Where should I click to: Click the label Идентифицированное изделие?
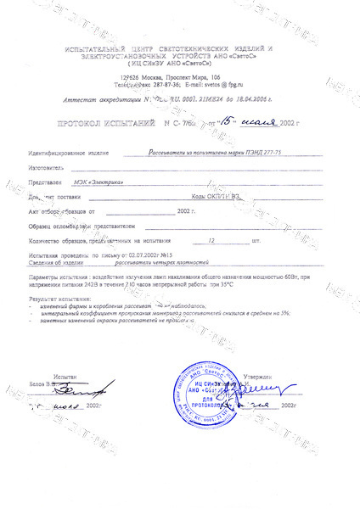pos(69,154)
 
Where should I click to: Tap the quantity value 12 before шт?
pos(224,241)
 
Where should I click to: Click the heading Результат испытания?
pos(59,298)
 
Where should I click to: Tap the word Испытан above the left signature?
pos(64,374)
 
